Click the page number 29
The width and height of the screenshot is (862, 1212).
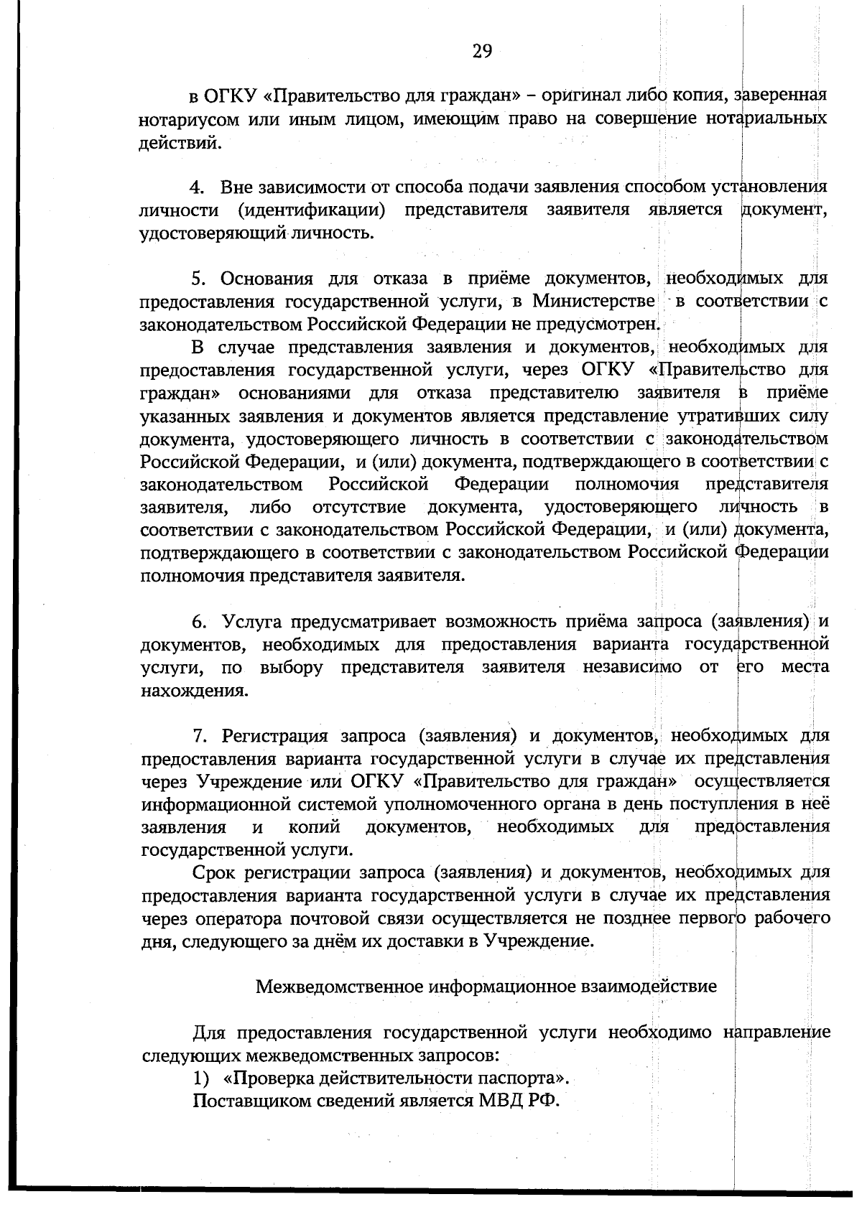tap(481, 51)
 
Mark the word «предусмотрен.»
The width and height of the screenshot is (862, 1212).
tap(604, 324)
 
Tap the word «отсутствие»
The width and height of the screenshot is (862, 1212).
tap(358, 508)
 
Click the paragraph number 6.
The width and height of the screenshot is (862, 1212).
tap(199, 621)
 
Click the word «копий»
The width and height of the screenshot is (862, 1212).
tap(313, 827)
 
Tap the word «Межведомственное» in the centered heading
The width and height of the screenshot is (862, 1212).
tap(340, 987)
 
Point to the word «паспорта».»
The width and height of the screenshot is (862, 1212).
tap(520, 1078)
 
